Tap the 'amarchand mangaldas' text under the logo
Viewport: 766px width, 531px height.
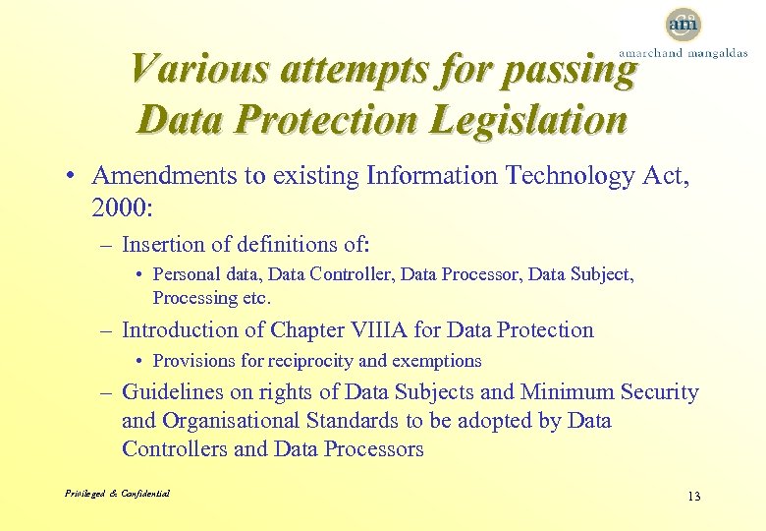pos(682,53)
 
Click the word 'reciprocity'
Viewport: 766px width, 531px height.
pos(314,361)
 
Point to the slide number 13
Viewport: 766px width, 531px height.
pos(693,496)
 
